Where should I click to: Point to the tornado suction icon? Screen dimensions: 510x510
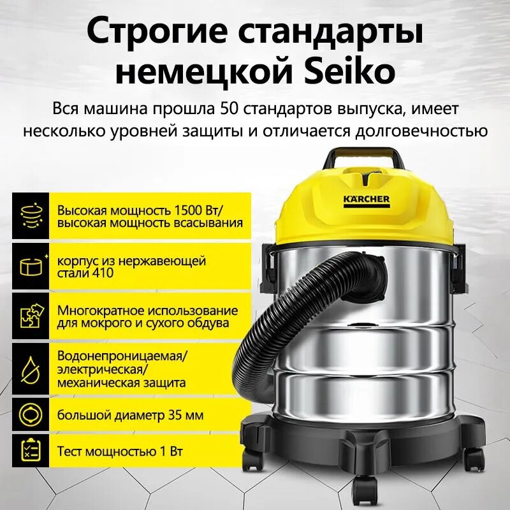29,215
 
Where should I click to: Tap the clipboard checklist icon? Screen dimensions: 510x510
29,451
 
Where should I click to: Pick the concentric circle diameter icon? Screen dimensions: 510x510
29,415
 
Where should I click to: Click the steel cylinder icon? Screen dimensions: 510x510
29,266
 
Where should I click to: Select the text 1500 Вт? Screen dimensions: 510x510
191,210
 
